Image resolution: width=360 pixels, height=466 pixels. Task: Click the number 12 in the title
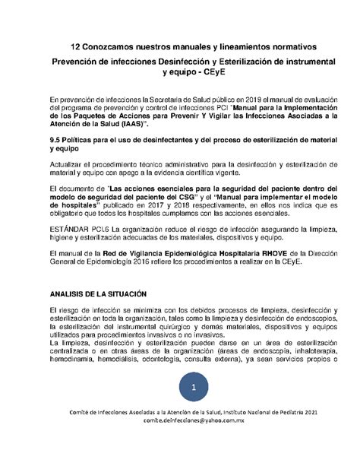click(75, 48)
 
